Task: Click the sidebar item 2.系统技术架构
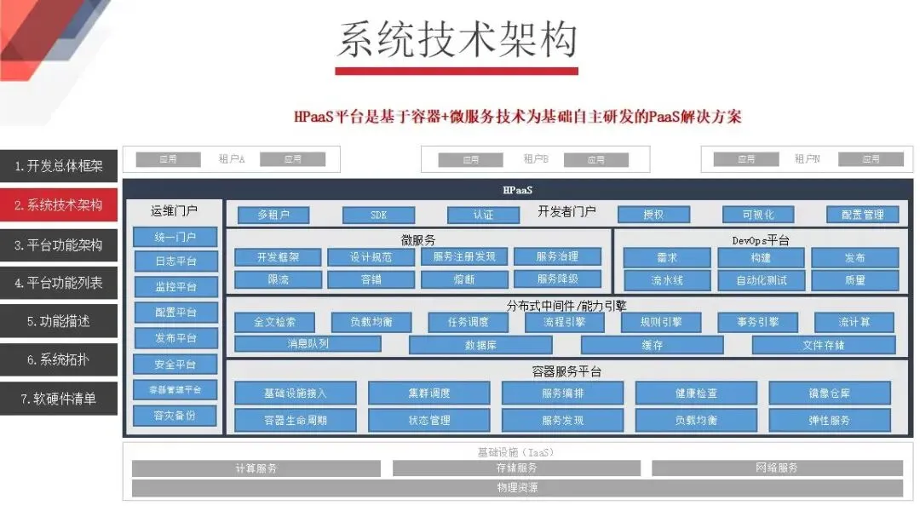click(59, 205)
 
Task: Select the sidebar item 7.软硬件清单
click(59, 399)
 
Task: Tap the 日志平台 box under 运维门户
click(175, 261)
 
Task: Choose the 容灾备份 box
click(175, 416)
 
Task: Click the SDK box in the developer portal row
click(378, 215)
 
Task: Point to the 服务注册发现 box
click(463, 256)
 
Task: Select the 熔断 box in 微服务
click(463, 279)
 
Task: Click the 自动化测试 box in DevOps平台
click(762, 279)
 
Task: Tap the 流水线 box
click(667, 279)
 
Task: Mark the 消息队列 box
click(308, 344)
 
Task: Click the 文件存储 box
click(823, 345)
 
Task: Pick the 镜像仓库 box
click(829, 393)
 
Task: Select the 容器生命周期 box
click(296, 420)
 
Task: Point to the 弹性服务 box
click(829, 420)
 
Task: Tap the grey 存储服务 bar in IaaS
click(517, 468)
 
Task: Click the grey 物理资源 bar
click(517, 488)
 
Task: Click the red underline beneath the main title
click(457, 71)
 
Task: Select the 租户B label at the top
click(536, 159)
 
